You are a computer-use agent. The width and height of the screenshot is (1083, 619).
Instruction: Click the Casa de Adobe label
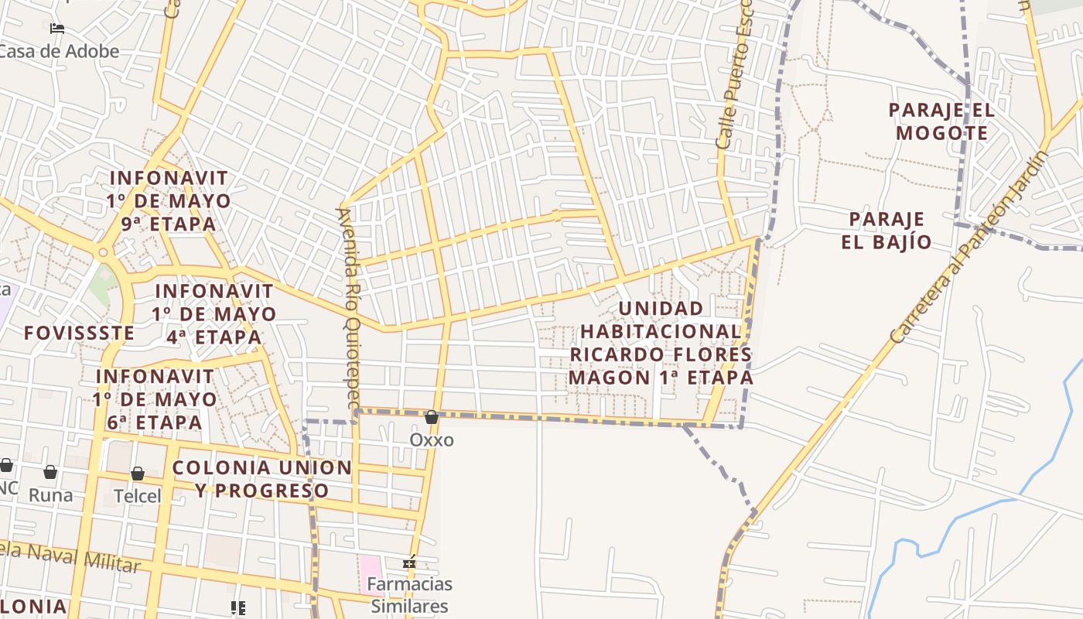[59, 52]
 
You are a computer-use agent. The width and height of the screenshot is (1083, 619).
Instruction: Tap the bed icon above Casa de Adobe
[56, 29]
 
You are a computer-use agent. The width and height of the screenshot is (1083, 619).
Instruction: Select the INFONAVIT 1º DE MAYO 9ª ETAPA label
[169, 201]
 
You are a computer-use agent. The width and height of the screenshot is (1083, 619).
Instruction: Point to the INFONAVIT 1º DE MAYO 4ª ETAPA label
[214, 314]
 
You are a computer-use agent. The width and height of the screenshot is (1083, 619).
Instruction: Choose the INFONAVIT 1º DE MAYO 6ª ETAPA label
[155, 399]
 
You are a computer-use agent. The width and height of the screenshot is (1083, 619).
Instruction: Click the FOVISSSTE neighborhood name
[79, 333]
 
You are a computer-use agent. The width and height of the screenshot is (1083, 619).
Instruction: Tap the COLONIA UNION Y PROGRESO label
[261, 479]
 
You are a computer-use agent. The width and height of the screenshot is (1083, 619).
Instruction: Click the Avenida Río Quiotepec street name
[349, 307]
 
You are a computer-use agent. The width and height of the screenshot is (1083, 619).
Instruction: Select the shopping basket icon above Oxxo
[432, 418]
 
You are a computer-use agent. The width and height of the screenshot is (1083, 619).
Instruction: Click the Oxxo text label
[432, 440]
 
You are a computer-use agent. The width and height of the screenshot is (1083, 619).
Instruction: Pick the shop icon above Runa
[50, 472]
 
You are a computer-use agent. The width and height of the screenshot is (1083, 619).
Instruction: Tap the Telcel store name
[138, 496]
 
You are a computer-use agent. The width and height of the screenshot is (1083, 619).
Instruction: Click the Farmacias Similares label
[409, 594]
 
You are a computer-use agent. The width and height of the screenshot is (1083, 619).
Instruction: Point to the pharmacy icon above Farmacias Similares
[409, 563]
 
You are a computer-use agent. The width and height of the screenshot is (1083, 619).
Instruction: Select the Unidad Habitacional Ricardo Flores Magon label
[661, 343]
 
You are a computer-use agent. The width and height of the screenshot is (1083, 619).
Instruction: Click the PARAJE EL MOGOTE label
[941, 121]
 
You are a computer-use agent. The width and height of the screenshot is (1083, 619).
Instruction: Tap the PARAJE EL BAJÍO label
[887, 231]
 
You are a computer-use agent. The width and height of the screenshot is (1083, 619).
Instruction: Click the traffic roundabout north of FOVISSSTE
[103, 252]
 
